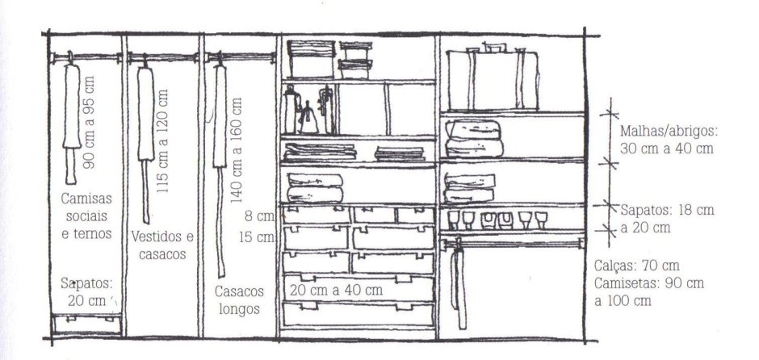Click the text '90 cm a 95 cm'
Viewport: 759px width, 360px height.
point(89,123)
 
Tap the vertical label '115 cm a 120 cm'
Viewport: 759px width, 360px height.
point(163,140)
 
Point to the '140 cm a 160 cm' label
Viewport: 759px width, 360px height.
point(237,149)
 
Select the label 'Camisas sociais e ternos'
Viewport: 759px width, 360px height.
point(86,216)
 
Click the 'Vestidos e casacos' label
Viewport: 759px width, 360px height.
point(162,245)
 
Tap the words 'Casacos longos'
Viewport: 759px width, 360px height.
point(240,300)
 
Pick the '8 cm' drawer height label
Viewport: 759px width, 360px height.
point(259,216)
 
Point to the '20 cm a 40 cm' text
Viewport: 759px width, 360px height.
point(337,290)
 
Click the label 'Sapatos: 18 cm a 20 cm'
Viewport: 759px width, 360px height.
point(667,219)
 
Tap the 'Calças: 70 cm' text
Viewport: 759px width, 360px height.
point(637,266)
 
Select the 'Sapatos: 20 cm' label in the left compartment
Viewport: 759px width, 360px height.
point(86,291)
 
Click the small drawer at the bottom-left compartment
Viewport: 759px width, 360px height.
point(86,324)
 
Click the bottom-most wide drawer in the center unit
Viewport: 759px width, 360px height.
point(359,314)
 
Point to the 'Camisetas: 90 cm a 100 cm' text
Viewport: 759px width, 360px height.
point(649,291)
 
